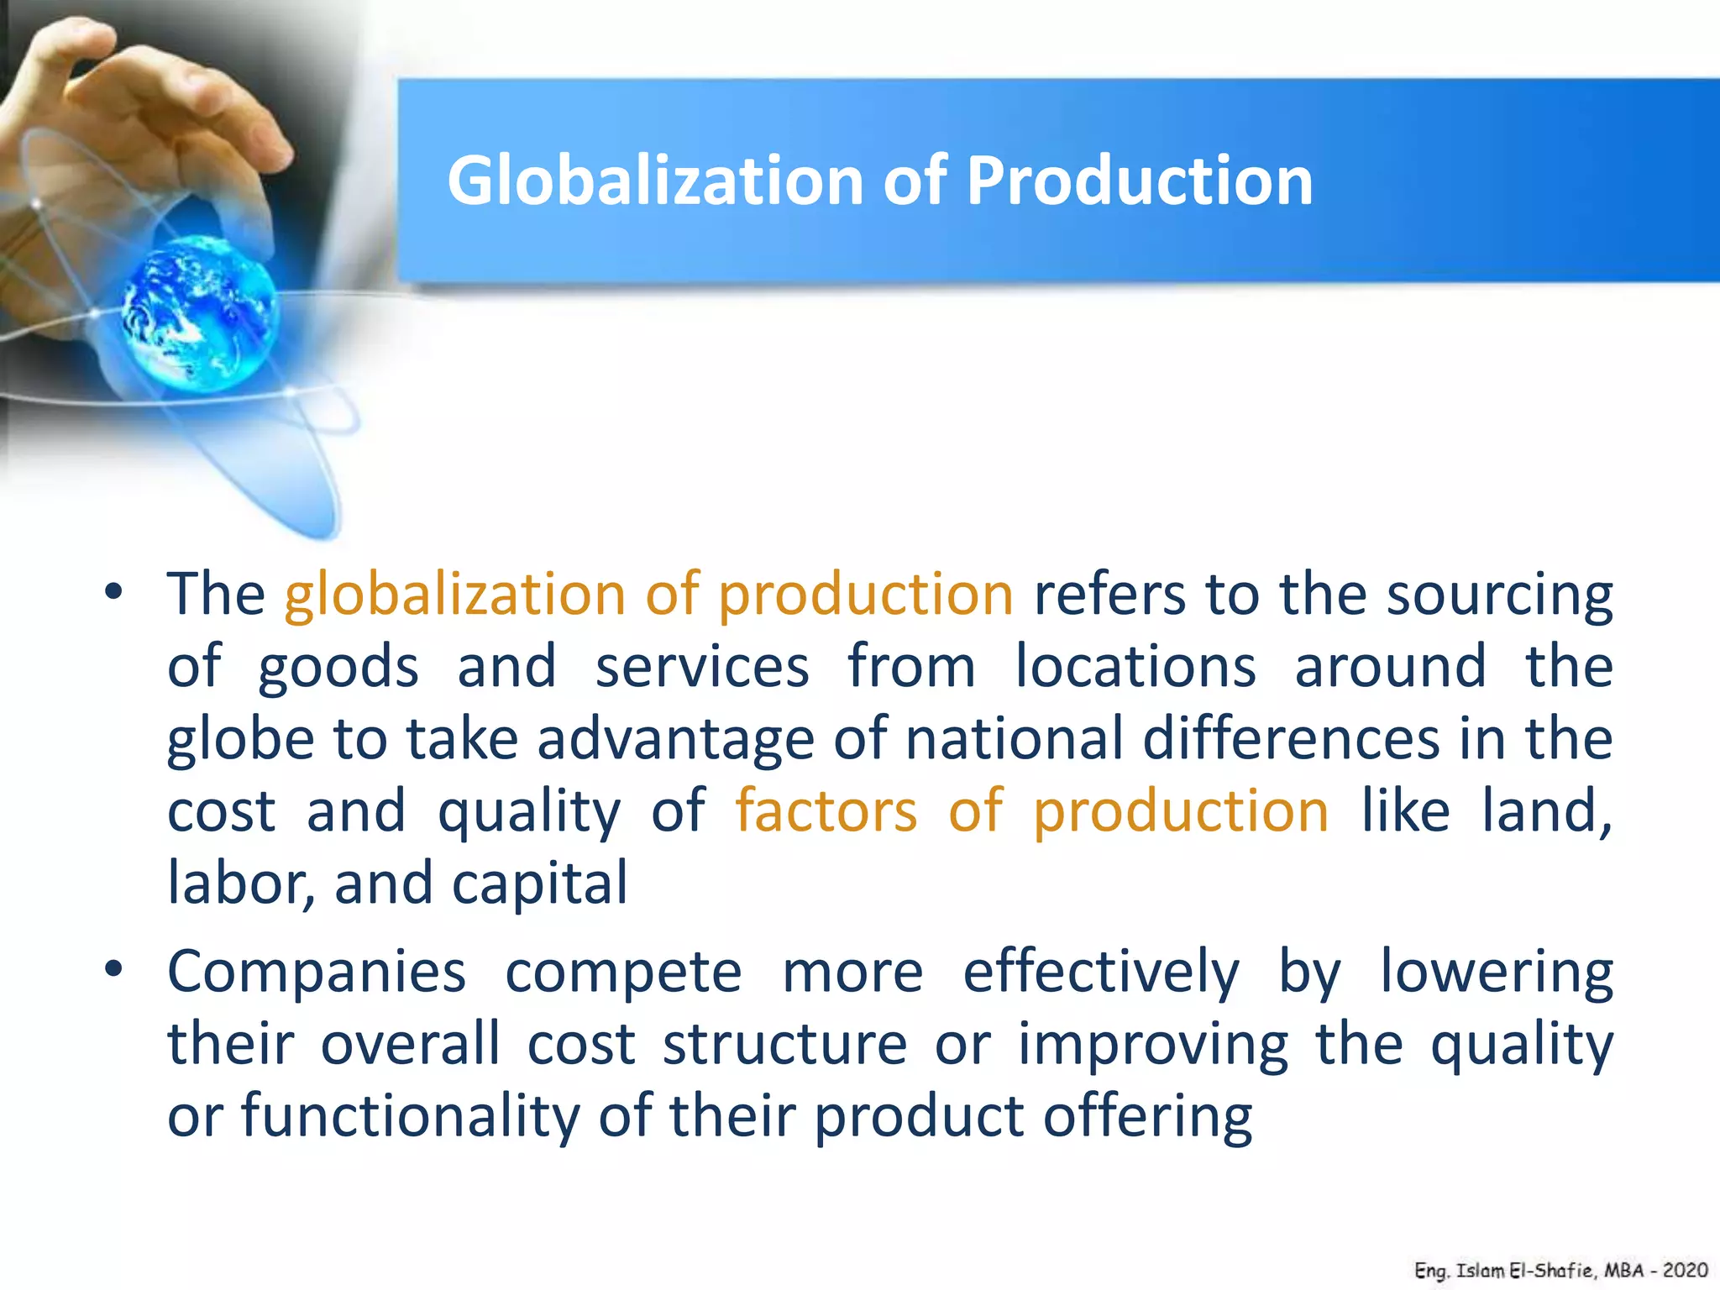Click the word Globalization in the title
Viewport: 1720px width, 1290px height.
(655, 181)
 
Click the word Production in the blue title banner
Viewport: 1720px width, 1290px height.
(1140, 181)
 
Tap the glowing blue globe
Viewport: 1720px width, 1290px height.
(199, 312)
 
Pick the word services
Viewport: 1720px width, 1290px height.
(702, 667)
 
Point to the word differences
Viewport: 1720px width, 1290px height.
(1291, 739)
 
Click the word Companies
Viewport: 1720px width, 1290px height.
(317, 973)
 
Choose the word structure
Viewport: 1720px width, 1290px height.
(784, 1045)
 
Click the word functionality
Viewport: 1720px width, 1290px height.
(411, 1117)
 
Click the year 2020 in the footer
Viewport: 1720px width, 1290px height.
(1684, 1270)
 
